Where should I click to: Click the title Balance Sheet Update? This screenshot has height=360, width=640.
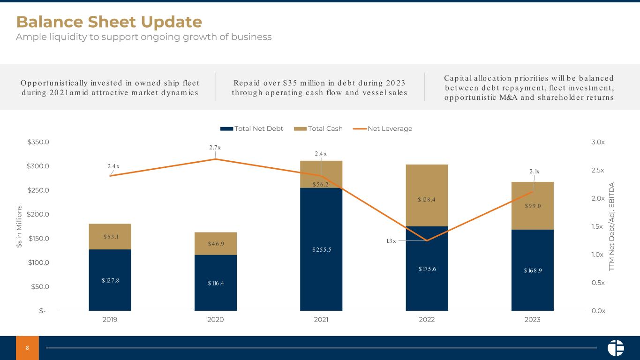pyautogui.click(x=109, y=22)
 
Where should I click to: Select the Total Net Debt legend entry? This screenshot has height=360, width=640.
pyautogui.click(x=252, y=128)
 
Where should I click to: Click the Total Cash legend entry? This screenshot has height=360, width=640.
pyautogui.click(x=318, y=128)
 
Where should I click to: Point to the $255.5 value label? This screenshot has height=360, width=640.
pyautogui.click(x=321, y=249)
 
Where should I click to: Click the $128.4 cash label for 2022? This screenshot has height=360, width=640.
pyautogui.click(x=427, y=200)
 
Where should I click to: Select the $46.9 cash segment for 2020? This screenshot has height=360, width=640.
pyautogui.click(x=216, y=244)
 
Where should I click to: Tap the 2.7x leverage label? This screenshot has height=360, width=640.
pyautogui.click(x=215, y=148)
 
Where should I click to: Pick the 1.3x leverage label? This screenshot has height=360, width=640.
pyautogui.click(x=391, y=241)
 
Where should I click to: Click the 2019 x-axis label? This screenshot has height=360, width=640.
pyautogui.click(x=110, y=320)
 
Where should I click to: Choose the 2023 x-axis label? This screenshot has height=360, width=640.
pyautogui.click(x=532, y=320)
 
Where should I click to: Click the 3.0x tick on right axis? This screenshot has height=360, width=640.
pyautogui.click(x=599, y=142)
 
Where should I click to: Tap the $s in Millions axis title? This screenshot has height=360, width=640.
pyautogui.click(x=19, y=226)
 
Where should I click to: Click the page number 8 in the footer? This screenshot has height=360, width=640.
pyautogui.click(x=27, y=348)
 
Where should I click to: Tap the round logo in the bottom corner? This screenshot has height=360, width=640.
pyautogui.click(x=616, y=348)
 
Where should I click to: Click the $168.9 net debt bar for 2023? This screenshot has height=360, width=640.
pyautogui.click(x=532, y=270)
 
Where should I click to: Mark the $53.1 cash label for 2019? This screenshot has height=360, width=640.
pyautogui.click(x=110, y=237)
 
